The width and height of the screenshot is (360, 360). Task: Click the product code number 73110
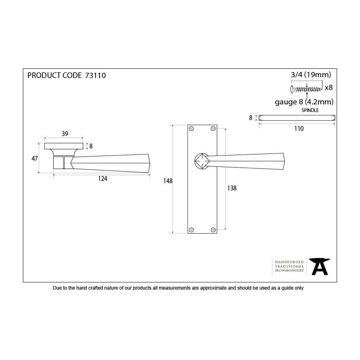click(x=96, y=76)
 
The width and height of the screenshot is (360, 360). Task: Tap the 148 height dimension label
click(x=168, y=181)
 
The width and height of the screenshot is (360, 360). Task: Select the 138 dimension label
click(x=232, y=188)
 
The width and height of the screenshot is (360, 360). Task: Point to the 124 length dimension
click(x=103, y=179)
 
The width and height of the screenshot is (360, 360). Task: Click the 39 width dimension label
click(x=65, y=134)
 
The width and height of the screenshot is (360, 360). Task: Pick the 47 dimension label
click(x=35, y=158)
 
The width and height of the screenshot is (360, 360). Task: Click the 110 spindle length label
click(x=299, y=128)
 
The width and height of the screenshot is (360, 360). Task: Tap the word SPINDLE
click(x=310, y=110)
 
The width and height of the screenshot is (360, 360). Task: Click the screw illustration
click(x=306, y=89)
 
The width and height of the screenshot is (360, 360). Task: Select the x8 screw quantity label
click(x=329, y=88)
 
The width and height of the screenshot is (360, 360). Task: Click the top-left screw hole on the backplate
click(x=191, y=128)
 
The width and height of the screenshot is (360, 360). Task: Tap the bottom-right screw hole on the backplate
click(x=213, y=230)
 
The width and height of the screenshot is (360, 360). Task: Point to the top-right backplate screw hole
click(x=213, y=128)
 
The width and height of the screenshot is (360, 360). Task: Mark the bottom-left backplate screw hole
click(x=191, y=230)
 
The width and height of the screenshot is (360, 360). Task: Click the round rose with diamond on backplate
click(x=202, y=161)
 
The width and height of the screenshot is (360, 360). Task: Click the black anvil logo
click(x=319, y=266)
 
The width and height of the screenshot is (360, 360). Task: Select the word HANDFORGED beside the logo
click(x=289, y=262)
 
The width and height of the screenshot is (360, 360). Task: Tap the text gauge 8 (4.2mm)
click(x=304, y=102)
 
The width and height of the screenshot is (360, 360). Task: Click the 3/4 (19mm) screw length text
click(x=311, y=75)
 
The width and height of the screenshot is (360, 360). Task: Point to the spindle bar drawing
click(x=297, y=118)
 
